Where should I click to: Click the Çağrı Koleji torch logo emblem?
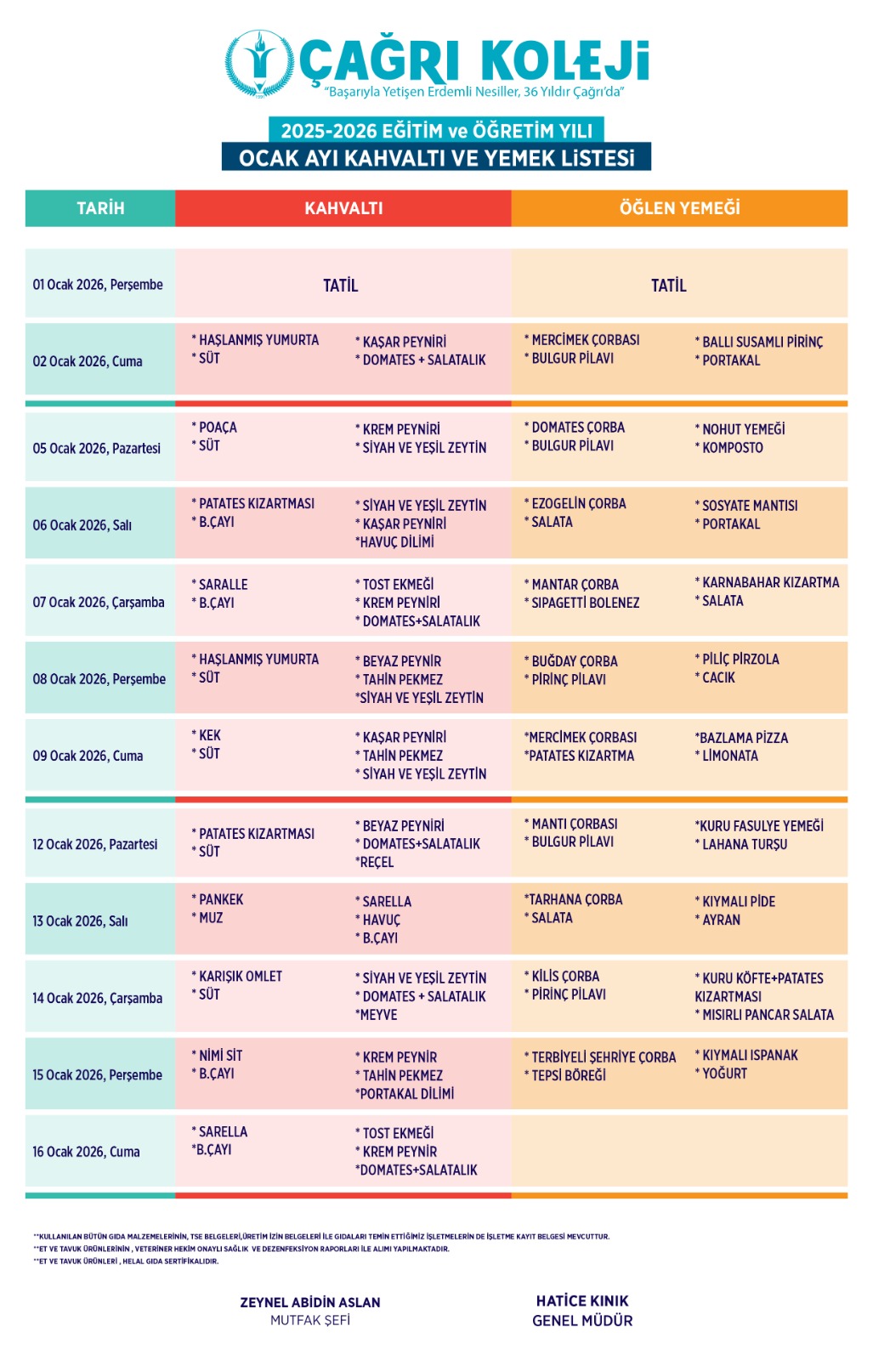tap(260, 63)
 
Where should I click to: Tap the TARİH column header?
tap(100, 208)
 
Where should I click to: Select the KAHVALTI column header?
tap(343, 208)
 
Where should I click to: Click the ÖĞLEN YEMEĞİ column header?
tap(679, 208)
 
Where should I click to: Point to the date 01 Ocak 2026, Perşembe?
tap(98, 285)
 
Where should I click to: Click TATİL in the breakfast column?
tap(340, 286)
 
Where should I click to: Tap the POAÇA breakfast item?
tap(218, 428)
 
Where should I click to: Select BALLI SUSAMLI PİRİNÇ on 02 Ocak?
tap(762, 342)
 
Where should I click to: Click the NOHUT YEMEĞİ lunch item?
tap(743, 429)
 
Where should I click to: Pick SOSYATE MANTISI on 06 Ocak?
tap(750, 506)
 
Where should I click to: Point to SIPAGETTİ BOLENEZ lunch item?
tap(585, 603)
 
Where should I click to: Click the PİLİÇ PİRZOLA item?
tap(740, 660)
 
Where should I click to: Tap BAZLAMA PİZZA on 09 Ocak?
tap(743, 738)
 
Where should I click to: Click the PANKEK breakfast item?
tap(221, 899)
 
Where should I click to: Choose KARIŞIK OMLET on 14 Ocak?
tap(241, 977)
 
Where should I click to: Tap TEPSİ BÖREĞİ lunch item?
tap(569, 1075)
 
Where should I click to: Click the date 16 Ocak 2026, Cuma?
tap(86, 1152)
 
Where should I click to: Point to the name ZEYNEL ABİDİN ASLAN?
tap(310, 1302)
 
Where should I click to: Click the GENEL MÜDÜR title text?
tap(582, 1321)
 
